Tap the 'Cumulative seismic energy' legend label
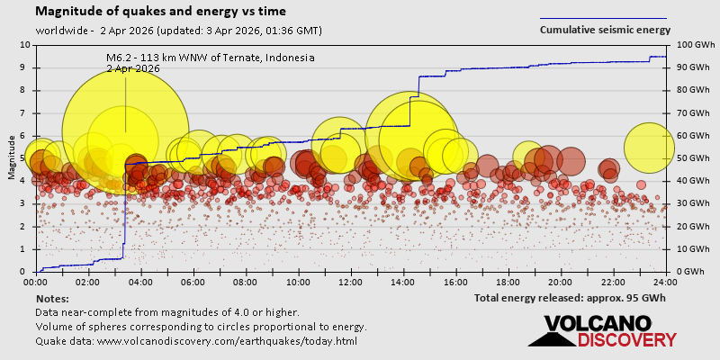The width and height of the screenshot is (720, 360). point(605,30)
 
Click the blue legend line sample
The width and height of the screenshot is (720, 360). point(603,18)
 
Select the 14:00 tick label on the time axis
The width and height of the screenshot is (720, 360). point(403,282)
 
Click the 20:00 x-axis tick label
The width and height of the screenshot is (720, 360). point(561,282)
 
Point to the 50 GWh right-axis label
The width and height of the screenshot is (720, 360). point(687,158)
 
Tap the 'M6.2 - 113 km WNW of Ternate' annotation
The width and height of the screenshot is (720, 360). point(210,58)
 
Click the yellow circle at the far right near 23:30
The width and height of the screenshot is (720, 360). point(649,148)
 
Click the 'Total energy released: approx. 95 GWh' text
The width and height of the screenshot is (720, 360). point(570,298)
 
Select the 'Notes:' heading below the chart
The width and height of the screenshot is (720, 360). point(52,298)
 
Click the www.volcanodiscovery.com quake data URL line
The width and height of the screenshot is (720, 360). point(196,341)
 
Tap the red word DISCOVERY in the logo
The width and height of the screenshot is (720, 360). point(626,340)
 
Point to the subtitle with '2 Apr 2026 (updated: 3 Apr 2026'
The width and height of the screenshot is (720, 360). point(179,31)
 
